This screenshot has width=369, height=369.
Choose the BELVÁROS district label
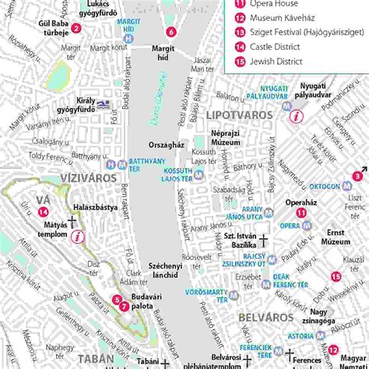(x=264, y=318)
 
